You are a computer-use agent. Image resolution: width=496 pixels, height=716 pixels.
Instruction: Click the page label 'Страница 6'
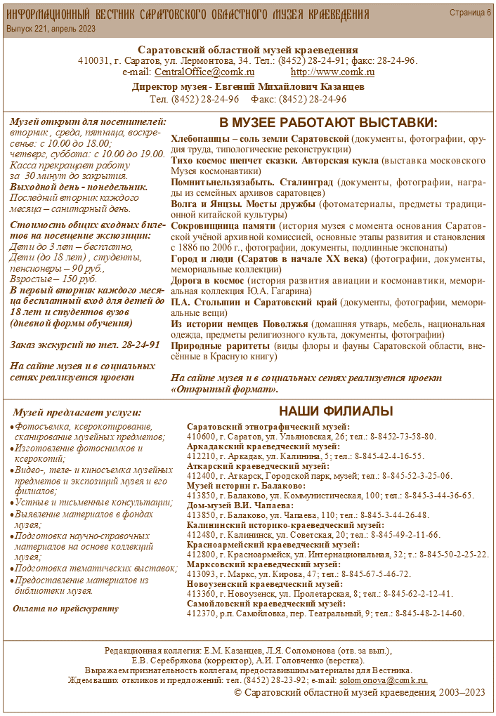pyautogui.click(x=470, y=13)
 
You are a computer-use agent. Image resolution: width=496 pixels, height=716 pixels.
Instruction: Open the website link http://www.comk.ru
pyautogui.click(x=332, y=72)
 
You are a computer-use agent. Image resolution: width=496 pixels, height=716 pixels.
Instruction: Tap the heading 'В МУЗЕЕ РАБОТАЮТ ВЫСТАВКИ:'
pyautogui.click(x=328, y=122)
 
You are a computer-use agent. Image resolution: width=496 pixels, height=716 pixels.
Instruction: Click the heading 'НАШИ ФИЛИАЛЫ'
pyautogui.click(x=336, y=411)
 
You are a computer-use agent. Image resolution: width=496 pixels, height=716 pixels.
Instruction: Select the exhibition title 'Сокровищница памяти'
pyautogui.click(x=223, y=227)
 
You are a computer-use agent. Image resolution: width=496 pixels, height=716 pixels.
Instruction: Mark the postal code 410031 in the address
pyautogui.click(x=94, y=60)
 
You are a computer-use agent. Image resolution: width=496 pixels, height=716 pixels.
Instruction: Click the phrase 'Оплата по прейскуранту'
pyautogui.click(x=65, y=608)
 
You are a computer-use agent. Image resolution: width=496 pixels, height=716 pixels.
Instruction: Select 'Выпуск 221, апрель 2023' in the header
pyautogui.click(x=51, y=29)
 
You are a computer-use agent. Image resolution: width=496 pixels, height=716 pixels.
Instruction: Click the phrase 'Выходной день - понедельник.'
pyautogui.click(x=79, y=187)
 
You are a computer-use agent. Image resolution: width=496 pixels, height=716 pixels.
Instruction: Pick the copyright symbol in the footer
pyautogui.click(x=237, y=693)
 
